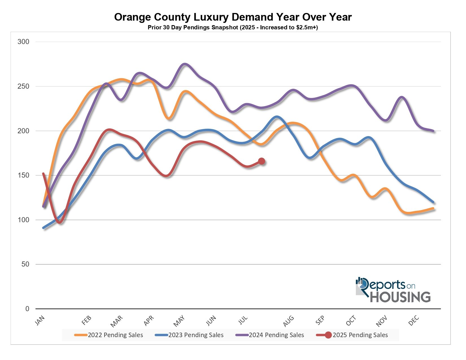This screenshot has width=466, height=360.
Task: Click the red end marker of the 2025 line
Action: click(262, 161)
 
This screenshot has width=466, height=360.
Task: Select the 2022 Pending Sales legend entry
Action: click(109, 335)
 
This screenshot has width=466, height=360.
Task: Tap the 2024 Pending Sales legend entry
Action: click(270, 335)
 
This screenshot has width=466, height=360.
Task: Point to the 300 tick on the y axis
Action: click(23, 42)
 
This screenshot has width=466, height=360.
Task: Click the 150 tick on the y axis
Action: click(23, 175)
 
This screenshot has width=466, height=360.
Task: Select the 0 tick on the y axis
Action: click(27, 309)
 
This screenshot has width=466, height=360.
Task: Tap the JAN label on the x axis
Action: click(40, 321)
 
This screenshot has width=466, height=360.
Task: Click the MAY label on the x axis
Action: click(179, 321)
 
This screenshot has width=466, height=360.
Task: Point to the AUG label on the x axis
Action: click(288, 321)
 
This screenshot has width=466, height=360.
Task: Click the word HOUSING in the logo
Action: click(400, 297)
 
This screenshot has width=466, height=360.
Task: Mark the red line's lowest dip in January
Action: click(60, 222)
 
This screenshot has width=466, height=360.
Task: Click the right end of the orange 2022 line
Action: click(433, 208)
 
